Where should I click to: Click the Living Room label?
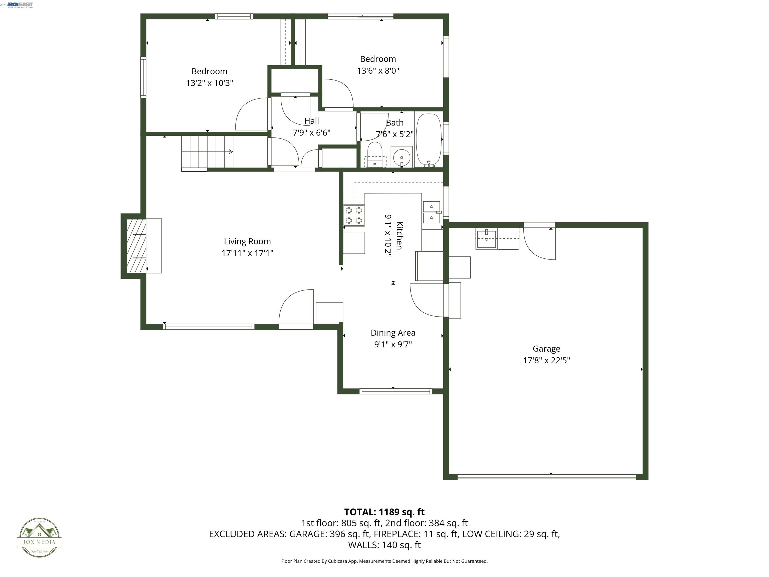[x=247, y=241]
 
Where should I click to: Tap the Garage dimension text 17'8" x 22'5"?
[x=546, y=360]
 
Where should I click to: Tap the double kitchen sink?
[x=431, y=212]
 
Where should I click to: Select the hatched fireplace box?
[x=136, y=246]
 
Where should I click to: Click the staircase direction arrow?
[x=230, y=152]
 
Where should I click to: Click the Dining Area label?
[x=393, y=333]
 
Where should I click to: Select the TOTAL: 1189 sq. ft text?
[x=384, y=512]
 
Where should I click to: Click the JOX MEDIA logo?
[x=39, y=538]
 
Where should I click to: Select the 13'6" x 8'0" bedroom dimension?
[x=378, y=71]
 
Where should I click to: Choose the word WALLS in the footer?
[x=363, y=545]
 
